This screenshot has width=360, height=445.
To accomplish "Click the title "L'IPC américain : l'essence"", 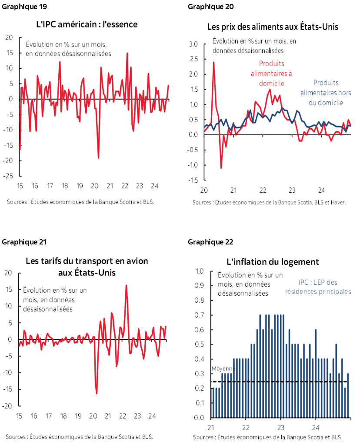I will pos(87,24).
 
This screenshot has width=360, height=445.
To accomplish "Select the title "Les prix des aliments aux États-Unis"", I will pos(273,27).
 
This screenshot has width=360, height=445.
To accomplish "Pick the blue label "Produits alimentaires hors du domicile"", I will pos(326,92).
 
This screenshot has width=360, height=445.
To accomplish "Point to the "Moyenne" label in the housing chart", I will pos(223,368).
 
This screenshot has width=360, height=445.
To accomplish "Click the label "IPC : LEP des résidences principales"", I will pos(318,287).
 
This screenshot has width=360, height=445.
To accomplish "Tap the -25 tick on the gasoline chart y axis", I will pos(8,176).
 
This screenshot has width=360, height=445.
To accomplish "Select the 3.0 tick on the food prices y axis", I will pos(193,44).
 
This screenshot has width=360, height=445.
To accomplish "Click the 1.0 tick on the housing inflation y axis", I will pos(200,271).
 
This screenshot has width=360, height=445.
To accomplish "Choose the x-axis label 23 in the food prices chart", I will pos(292,190).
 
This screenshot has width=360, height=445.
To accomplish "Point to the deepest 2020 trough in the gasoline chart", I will pos(98,158).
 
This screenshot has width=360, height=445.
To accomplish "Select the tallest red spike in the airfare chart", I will pos(126,285).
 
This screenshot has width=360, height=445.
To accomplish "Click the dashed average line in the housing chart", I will pos(278,382).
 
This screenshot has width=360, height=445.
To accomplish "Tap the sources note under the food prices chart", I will pos(269,202).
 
